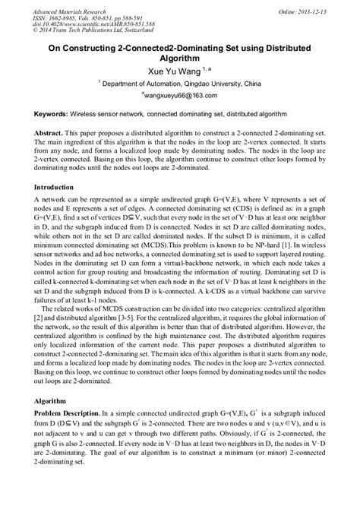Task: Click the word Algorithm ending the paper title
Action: pyautogui.click(x=179, y=58)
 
